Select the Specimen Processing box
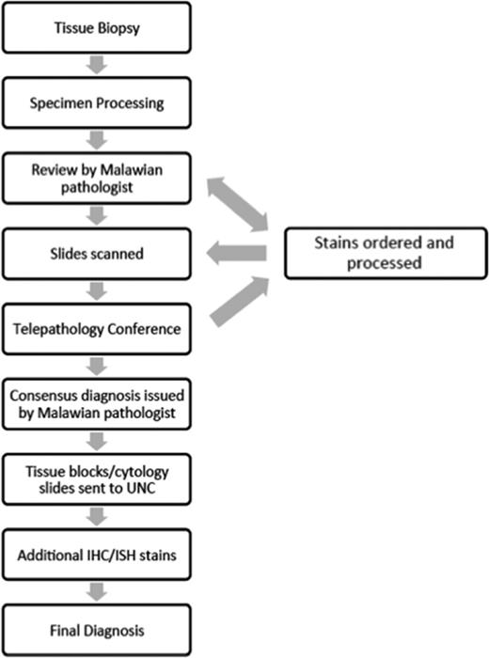[97, 102]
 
